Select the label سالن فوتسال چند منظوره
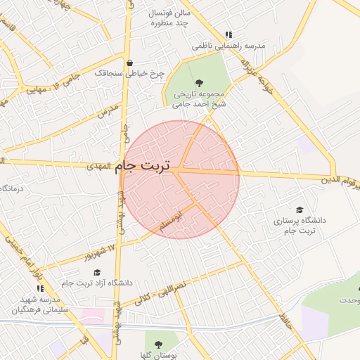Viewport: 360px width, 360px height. pyautogui.click(x=169, y=18)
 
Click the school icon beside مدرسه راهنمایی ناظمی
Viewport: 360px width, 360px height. pyautogui.click(x=229, y=34)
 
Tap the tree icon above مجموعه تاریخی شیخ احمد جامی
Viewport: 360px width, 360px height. pyautogui.click(x=199, y=82)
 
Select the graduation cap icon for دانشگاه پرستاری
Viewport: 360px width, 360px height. pyautogui.click(x=300, y=210)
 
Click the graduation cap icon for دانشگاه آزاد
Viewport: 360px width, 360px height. pyautogui.click(x=97, y=272)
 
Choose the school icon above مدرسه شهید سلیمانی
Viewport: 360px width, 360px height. pyautogui.click(x=40, y=288)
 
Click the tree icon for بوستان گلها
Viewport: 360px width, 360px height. pyautogui.click(x=158, y=345)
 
